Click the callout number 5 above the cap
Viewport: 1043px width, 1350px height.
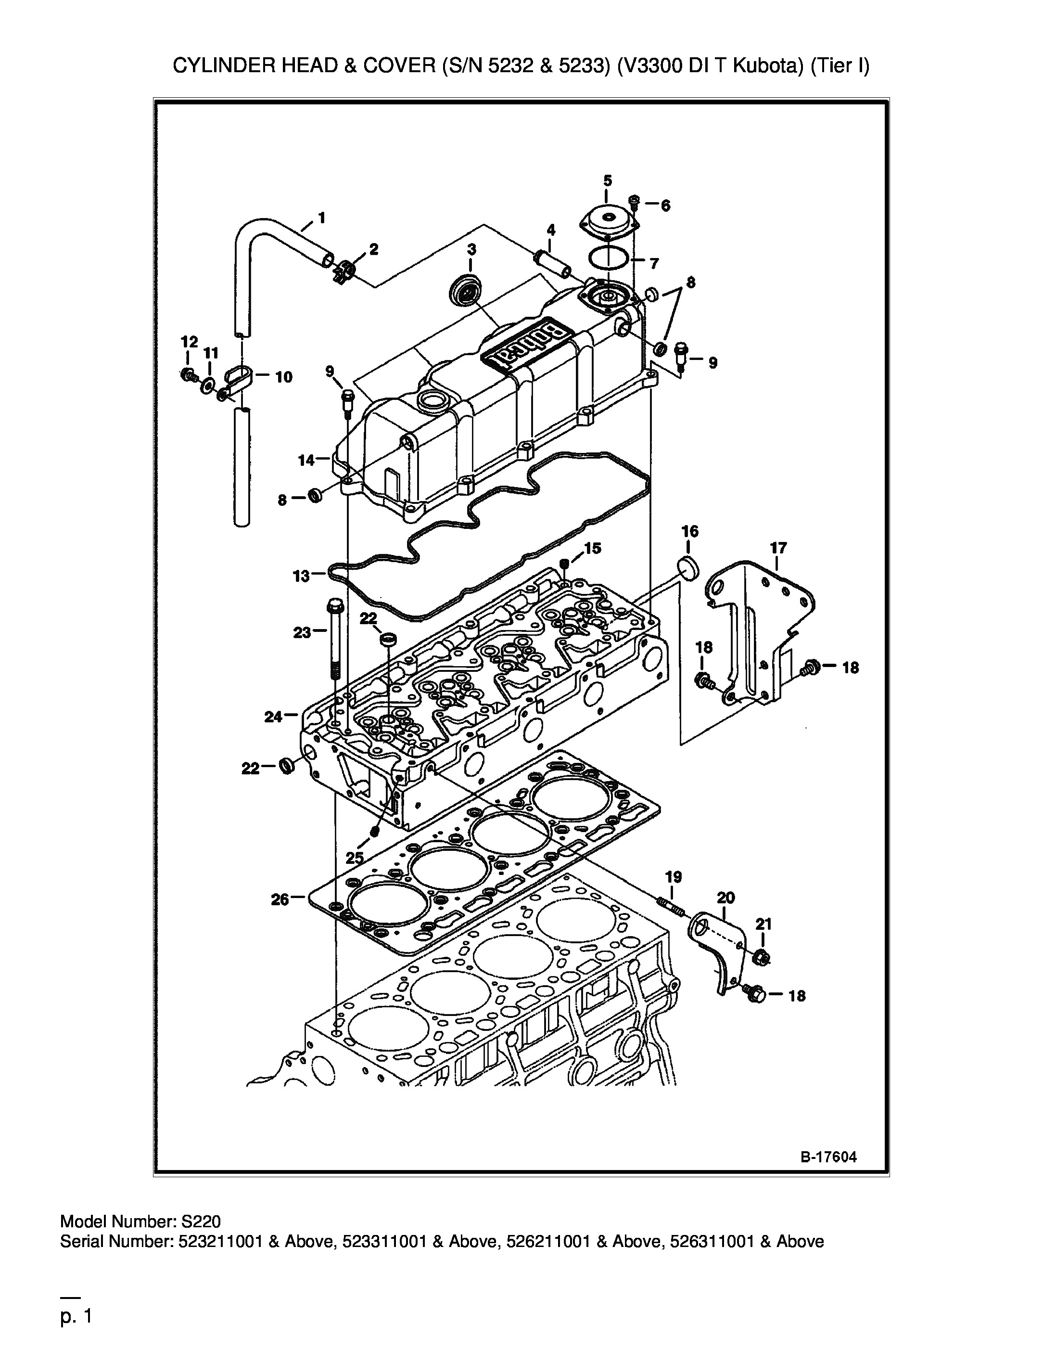coord(608,180)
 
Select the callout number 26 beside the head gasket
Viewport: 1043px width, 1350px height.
coord(280,900)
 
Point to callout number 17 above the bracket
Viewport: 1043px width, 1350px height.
coord(778,548)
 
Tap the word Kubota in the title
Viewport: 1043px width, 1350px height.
coord(763,65)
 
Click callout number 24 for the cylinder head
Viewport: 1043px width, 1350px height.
coord(273,717)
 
